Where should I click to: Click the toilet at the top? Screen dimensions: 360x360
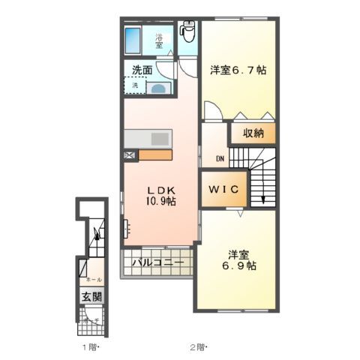pyautogui.click(x=188, y=34)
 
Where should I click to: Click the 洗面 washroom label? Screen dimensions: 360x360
pyautogui.click(x=142, y=70)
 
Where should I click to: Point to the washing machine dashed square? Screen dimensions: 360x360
pyautogui.click(x=135, y=85)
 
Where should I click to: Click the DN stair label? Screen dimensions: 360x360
pyautogui.click(x=220, y=159)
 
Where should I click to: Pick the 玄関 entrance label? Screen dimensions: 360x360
pyautogui.click(x=91, y=295)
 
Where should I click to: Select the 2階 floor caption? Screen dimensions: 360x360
pyautogui.click(x=197, y=346)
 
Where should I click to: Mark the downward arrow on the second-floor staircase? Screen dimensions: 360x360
pyautogui.click(x=264, y=196)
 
